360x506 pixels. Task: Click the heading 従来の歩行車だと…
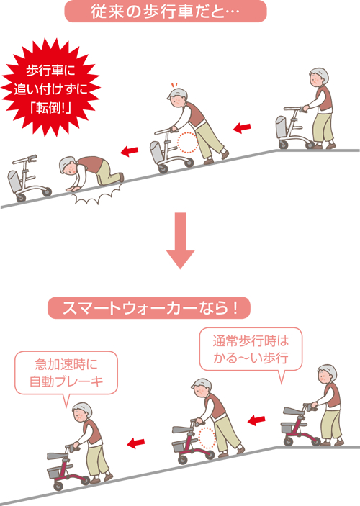click(165, 12)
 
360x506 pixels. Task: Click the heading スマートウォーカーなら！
click(149, 308)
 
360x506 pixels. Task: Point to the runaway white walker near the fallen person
click(27, 178)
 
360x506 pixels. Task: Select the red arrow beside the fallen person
click(129, 151)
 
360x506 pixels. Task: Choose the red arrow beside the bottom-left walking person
click(136, 442)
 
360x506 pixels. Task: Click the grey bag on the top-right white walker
click(279, 127)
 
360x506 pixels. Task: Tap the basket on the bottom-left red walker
click(58, 472)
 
